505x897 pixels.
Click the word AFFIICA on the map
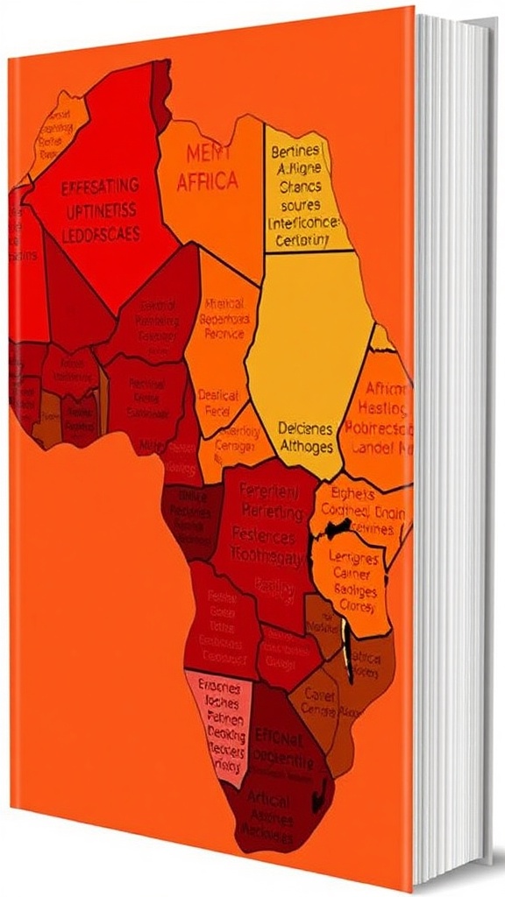point(207,181)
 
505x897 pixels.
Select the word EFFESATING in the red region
point(100,186)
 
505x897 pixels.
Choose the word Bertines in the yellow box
point(295,150)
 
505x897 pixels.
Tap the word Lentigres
point(353,558)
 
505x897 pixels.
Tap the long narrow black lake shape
point(351,652)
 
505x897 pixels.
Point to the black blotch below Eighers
point(336,529)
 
